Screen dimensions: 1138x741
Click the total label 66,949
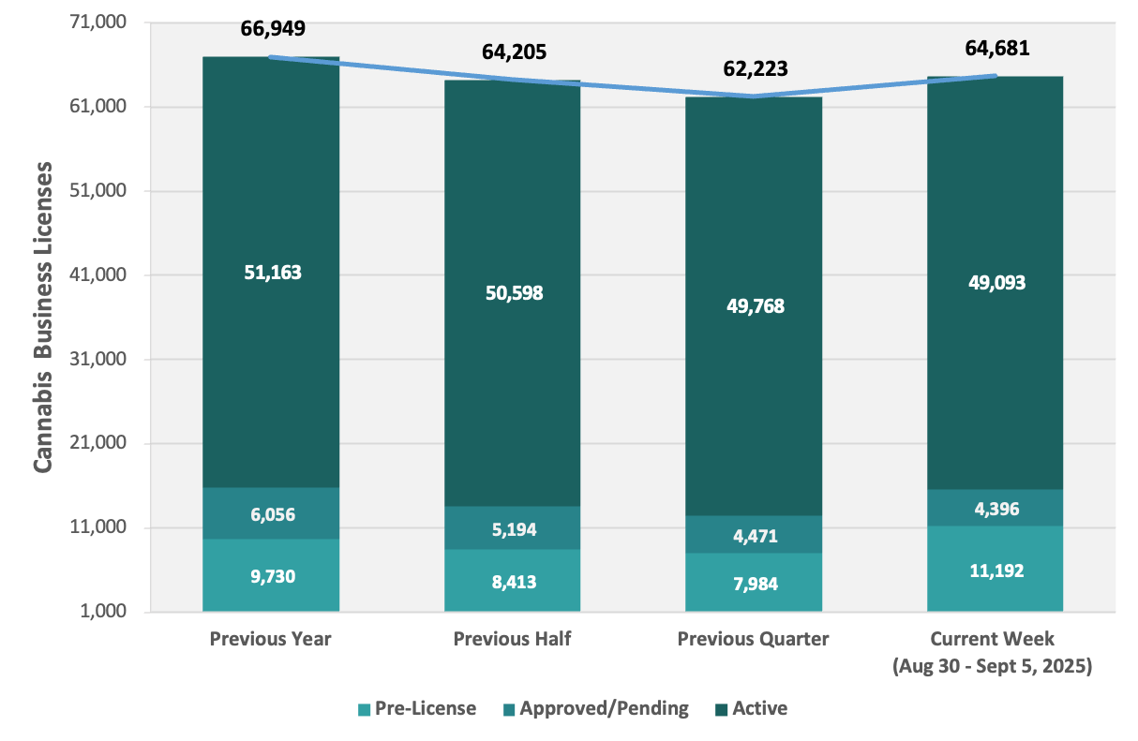coord(273,28)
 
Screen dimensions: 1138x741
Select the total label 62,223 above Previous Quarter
coord(756,68)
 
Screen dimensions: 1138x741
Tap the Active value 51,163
coord(273,273)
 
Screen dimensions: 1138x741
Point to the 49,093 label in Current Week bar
coord(996,282)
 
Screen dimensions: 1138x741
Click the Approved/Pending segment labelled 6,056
coord(271,513)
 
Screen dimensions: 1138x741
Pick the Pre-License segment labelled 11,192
coord(996,569)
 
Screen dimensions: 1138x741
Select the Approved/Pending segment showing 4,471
coord(754,534)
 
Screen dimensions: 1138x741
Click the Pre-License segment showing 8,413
coord(513,580)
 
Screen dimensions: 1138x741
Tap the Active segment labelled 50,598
coord(513,293)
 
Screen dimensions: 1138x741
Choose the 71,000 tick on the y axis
coord(97,22)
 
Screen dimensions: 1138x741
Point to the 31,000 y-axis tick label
coord(97,359)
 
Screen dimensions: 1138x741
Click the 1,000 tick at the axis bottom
coord(103,611)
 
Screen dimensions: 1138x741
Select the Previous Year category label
coord(270,639)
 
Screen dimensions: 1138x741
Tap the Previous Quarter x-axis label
coord(753,639)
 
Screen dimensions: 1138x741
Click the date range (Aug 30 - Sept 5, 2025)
coord(992,665)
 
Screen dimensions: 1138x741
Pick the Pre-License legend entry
coord(417,708)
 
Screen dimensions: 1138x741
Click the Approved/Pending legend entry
coord(596,708)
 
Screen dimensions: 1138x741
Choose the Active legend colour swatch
coord(721,709)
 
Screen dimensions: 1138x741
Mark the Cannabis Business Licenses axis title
coord(43,318)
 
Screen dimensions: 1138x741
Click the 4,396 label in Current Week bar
coord(996,509)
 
